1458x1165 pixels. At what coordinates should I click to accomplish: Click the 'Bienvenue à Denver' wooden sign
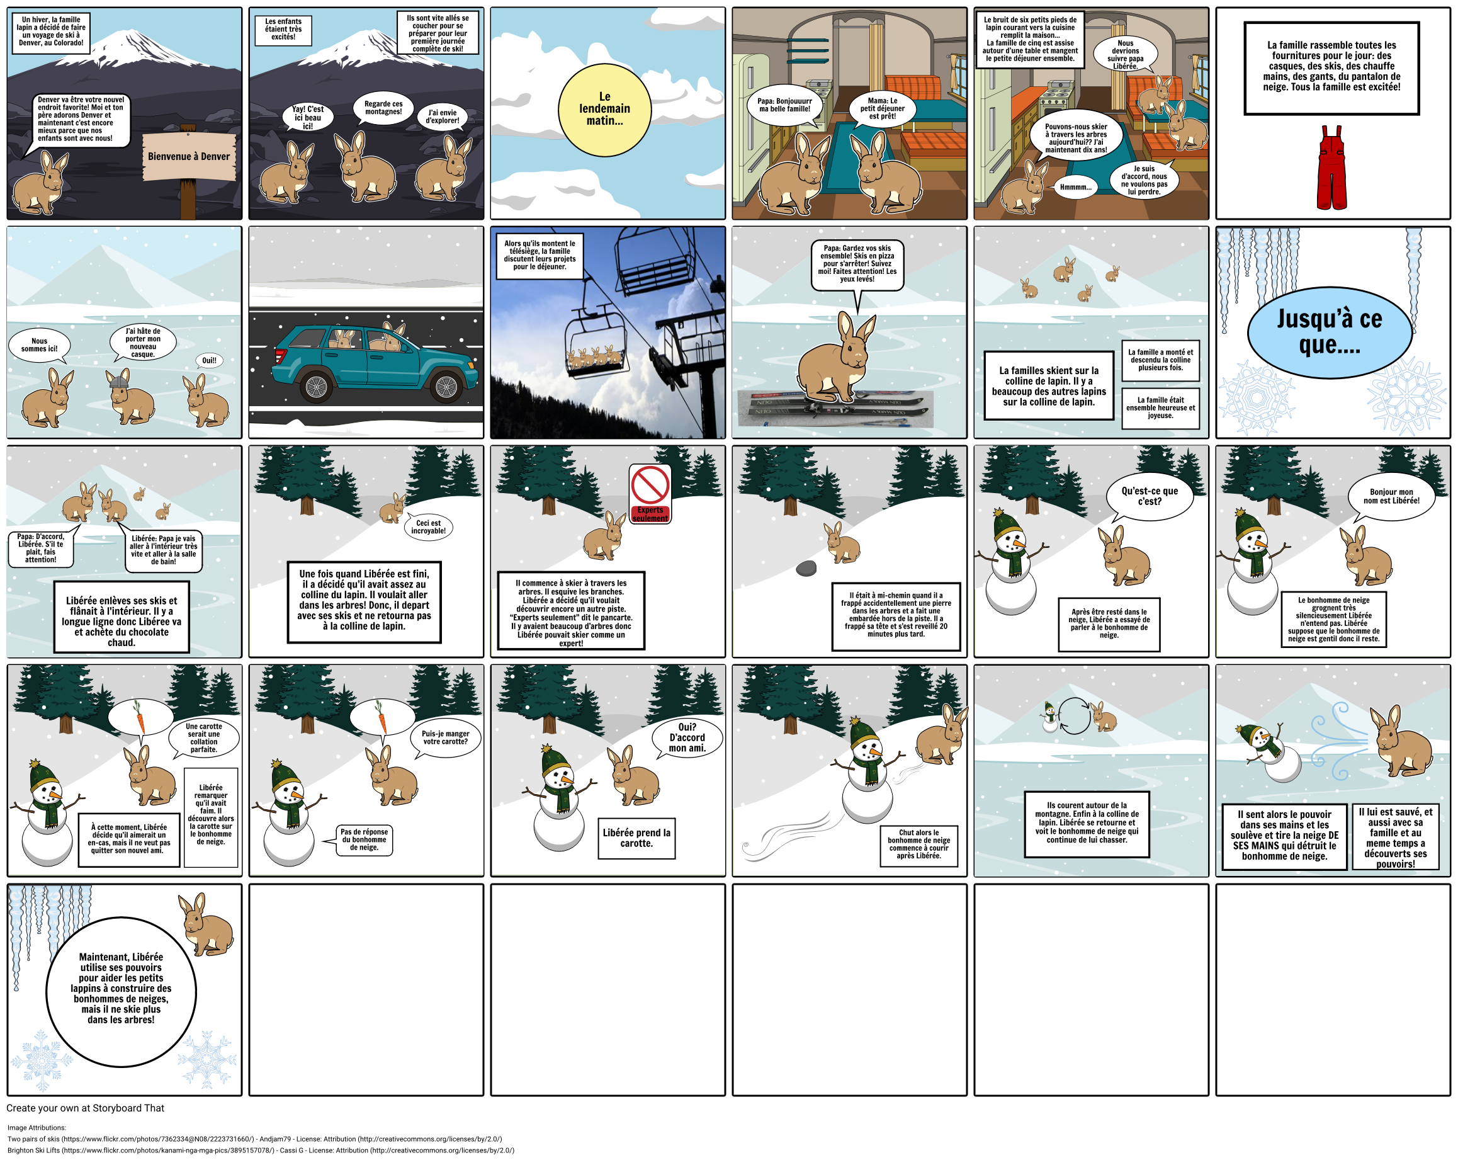(x=189, y=157)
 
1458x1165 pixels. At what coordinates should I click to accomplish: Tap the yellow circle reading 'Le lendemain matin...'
(x=604, y=109)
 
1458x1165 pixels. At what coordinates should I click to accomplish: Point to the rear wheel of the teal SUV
(x=316, y=387)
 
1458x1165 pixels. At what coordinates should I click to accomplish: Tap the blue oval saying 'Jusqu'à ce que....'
(x=1329, y=331)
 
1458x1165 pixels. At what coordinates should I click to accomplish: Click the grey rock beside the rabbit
(x=806, y=568)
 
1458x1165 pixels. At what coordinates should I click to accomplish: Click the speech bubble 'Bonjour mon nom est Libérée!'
(x=1391, y=497)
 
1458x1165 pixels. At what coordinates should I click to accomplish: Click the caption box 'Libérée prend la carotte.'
(x=636, y=838)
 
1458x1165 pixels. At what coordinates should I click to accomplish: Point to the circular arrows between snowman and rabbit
(x=1075, y=716)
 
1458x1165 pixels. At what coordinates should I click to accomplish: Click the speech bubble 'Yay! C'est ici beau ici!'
(x=308, y=117)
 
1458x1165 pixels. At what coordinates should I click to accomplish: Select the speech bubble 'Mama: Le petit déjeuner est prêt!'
(x=883, y=108)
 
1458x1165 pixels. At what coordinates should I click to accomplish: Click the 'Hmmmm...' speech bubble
(x=1075, y=188)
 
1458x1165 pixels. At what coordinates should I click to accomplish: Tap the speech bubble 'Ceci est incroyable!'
(x=429, y=527)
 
